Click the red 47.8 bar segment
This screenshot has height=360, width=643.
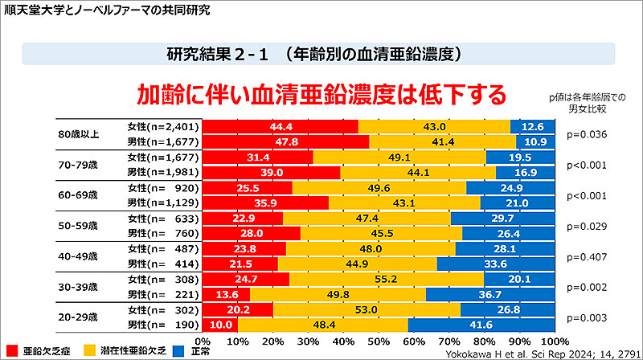[x=285, y=141]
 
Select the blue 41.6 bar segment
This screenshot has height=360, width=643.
[x=481, y=325]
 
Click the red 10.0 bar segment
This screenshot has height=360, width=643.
[x=220, y=325]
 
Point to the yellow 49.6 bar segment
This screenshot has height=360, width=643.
[x=377, y=187]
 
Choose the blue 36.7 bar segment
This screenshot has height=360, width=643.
[x=490, y=294]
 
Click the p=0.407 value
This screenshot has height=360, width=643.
[x=587, y=256]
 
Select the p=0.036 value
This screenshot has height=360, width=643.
[x=587, y=134]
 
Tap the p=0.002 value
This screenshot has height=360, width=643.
[x=587, y=287]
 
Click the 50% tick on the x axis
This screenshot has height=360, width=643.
[x=379, y=340]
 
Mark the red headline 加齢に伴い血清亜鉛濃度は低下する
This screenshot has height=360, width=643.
[x=321, y=95]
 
